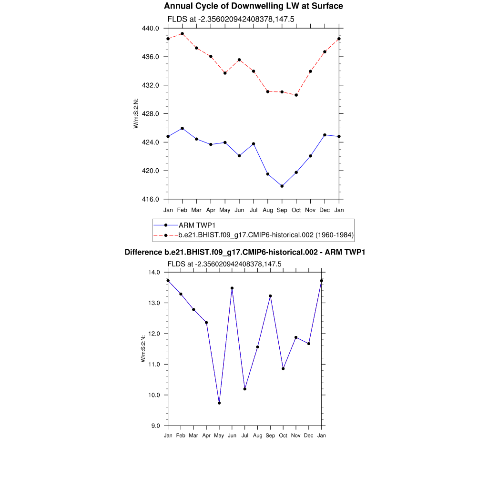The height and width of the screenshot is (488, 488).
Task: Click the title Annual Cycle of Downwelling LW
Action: tap(253, 6)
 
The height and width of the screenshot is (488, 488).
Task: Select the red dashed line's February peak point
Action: tap(182, 34)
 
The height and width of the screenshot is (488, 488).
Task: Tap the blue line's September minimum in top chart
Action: tap(282, 186)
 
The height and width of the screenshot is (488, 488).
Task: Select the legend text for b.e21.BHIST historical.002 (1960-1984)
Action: tap(265, 235)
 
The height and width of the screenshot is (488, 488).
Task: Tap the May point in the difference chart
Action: tap(219, 403)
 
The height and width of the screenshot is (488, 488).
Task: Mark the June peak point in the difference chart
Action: tap(232, 288)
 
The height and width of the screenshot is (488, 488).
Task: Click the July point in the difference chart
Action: tap(245, 389)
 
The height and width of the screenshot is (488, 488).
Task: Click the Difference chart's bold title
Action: tap(244, 252)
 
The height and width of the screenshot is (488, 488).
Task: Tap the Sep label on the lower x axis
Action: tap(270, 436)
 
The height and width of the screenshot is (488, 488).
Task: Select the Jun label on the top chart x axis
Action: tap(239, 210)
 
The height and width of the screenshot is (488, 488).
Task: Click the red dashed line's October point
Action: tap(296, 95)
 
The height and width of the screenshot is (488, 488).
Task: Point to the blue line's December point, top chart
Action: tap(325, 135)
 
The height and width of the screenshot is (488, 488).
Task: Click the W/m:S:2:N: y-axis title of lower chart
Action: tap(143, 349)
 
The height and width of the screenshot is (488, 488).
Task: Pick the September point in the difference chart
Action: tap(271, 296)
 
